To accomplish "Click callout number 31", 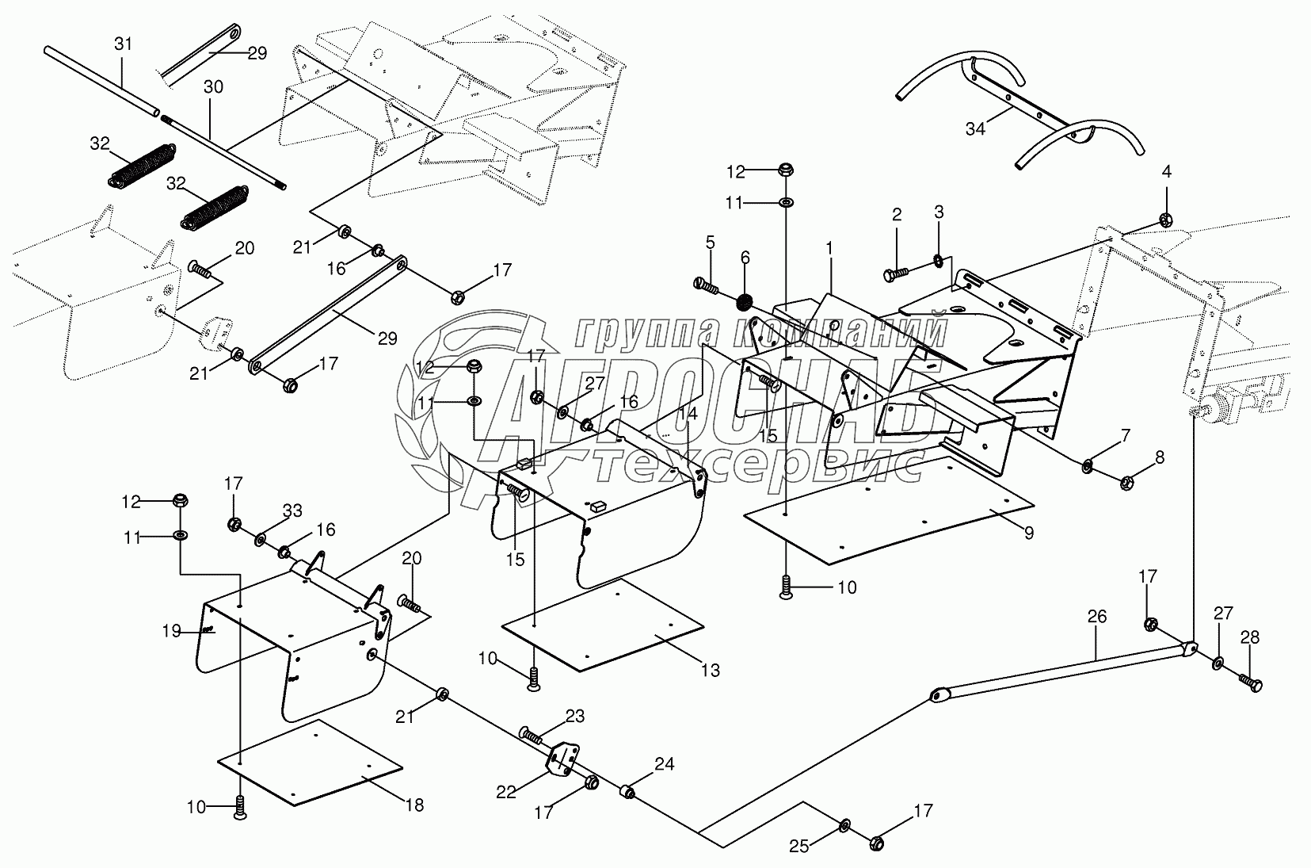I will [123, 44].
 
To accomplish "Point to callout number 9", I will [1028, 533].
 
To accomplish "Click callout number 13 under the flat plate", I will [711, 671].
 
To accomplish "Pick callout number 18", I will [413, 805].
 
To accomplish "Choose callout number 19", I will [172, 631].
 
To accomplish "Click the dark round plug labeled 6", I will [745, 302].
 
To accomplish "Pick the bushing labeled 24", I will [626, 791].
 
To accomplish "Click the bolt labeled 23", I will [532, 733].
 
